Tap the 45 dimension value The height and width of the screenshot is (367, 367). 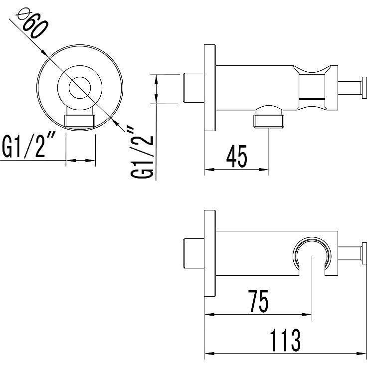pos(237,157)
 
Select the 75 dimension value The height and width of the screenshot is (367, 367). pos(258,301)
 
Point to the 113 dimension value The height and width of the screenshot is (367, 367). pos(285,340)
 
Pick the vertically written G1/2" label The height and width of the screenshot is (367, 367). pos(142,153)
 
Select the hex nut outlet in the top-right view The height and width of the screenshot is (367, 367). pos(269,119)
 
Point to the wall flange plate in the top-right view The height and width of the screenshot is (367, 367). pos(210,88)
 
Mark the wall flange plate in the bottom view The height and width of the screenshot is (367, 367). pos(210,253)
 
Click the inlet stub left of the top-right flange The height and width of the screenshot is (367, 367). pos(193,88)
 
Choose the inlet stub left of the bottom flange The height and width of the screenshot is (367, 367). pos(193,253)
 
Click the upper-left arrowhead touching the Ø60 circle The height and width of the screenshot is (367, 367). pos(44,53)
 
